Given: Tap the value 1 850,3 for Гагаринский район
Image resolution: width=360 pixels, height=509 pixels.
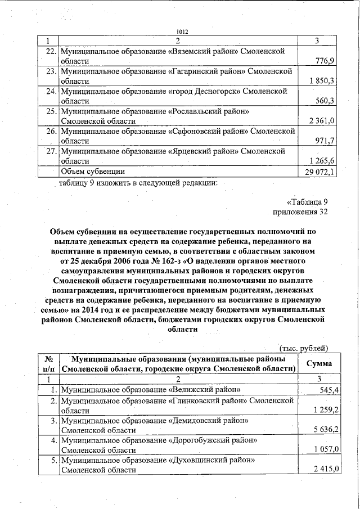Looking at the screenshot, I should tap(322, 81).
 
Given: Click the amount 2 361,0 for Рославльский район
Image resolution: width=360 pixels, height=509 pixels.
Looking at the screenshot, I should tap(322, 121).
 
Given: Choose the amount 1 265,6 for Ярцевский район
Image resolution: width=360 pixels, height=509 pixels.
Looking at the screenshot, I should tap(322, 161).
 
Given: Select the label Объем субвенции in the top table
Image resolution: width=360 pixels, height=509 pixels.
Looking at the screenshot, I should tap(93, 171).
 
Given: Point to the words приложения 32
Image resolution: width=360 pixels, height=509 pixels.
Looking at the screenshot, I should tap(300, 211).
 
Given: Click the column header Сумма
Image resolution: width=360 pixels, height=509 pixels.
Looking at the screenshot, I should tap(318, 363).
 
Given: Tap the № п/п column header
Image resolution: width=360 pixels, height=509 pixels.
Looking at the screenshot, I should tap(48, 363).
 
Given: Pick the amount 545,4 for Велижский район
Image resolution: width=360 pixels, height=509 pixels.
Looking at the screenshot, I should tap(326, 390).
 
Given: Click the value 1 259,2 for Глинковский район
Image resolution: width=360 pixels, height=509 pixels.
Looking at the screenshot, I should tap(322, 410).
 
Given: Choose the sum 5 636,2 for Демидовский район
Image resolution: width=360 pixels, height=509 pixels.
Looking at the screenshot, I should tap(322, 430).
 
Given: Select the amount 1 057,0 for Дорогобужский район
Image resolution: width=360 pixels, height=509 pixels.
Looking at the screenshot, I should tap(322, 450).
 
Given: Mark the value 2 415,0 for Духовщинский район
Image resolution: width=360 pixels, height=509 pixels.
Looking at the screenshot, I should tap(322, 470).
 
